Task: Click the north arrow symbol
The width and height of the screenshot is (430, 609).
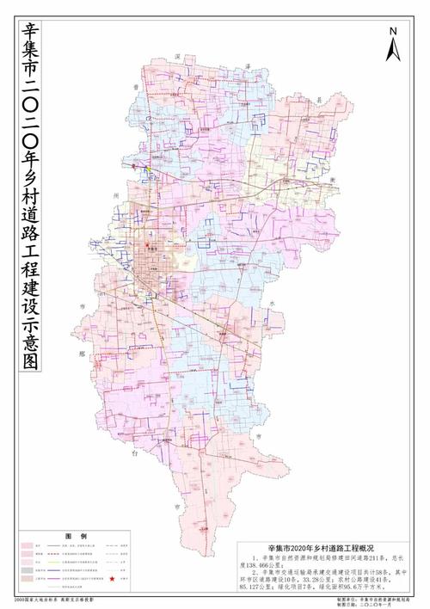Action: (x=392, y=50)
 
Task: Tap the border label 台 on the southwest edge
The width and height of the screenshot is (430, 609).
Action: (x=134, y=449)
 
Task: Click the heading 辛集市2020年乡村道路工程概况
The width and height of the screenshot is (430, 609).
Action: (x=316, y=547)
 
